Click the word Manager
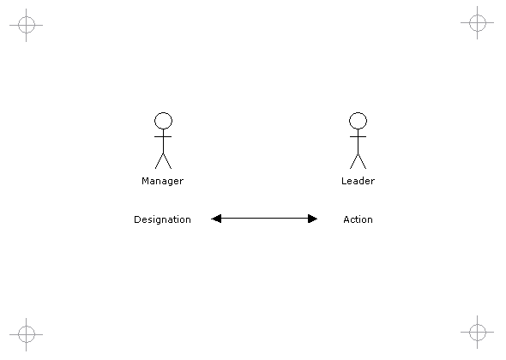[163, 182]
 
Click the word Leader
[358, 181]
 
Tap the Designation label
[162, 219]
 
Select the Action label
[358, 219]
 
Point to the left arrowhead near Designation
[216, 219]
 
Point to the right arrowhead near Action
[313, 219]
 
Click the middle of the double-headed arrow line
[264, 219]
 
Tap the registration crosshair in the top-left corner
[26, 25]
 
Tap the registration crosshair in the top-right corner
[478, 22]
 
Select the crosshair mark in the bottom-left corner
[26, 334]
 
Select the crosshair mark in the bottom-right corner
[478, 332]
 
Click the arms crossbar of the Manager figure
[163, 137]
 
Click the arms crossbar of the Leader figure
[358, 137]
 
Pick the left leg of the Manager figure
[160, 161]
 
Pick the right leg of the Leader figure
[362, 161]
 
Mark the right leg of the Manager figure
[167, 161]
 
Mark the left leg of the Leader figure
[353, 161]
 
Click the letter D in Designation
[137, 219]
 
